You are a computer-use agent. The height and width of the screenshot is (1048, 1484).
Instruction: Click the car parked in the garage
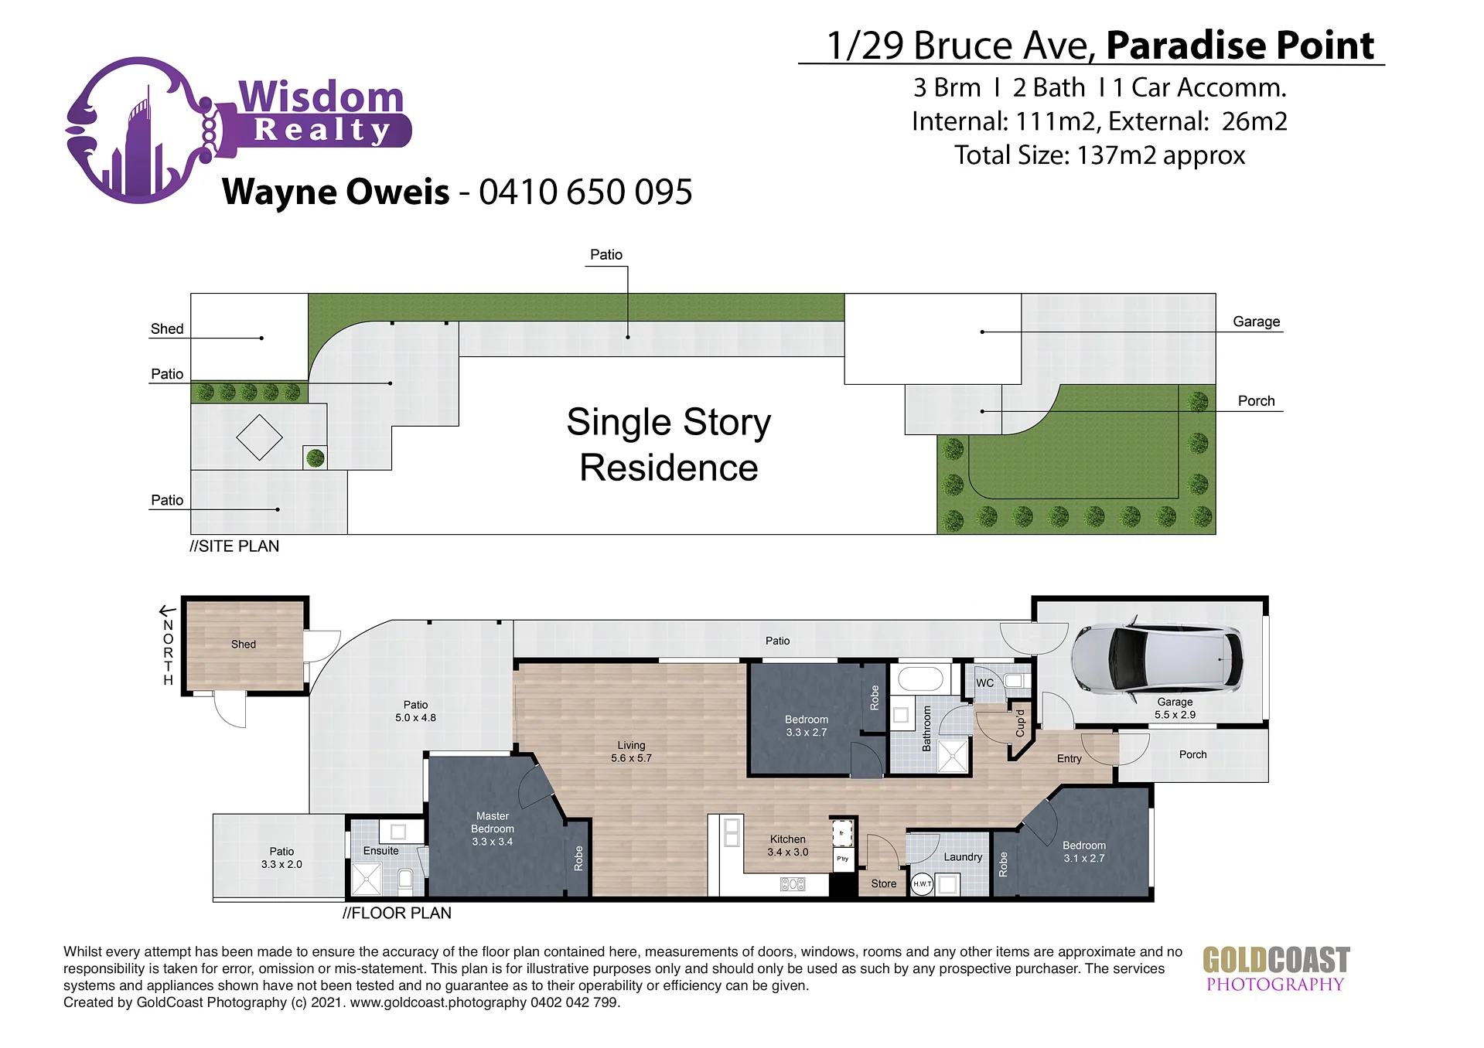coord(1157,658)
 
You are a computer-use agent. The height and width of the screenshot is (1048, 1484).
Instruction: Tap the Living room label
coord(631,751)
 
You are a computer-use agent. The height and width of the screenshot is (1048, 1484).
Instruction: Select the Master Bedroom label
coord(493,829)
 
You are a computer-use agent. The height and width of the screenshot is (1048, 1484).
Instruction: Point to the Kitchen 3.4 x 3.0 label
coord(787,846)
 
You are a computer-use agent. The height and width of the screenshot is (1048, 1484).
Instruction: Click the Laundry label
coord(963,856)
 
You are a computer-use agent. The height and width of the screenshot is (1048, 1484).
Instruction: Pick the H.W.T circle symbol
coord(922,883)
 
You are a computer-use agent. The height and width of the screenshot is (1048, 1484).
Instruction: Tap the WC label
coord(984,683)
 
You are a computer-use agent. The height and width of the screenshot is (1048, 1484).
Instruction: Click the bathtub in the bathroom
coord(920,679)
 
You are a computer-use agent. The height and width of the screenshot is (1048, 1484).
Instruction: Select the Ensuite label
coord(381,851)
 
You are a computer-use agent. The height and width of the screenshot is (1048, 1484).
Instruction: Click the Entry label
coord(1070,759)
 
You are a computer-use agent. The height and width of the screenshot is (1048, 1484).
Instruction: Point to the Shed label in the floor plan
coord(244,644)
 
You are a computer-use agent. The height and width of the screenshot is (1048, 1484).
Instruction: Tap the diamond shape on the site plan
coord(259,437)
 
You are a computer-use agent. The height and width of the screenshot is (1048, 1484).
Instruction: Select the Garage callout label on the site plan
coord(1256,322)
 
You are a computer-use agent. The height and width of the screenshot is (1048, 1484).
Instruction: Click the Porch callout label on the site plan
coord(1256,400)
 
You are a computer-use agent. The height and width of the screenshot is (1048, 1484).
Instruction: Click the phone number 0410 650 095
coord(585,192)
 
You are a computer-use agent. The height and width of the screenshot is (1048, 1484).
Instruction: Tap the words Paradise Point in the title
coord(1240,45)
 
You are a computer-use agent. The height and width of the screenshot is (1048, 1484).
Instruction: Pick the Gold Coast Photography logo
coord(1276,969)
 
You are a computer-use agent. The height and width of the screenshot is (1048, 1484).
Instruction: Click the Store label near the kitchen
coord(884,883)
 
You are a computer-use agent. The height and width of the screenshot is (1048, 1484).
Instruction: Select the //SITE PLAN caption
coord(234,546)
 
